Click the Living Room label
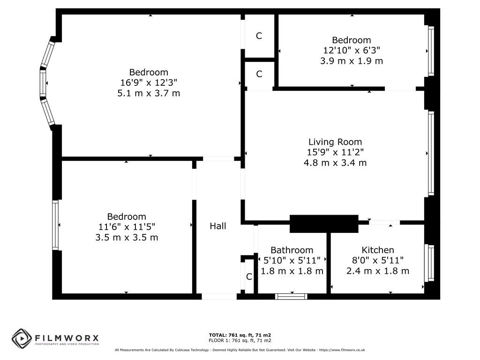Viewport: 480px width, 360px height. [x=335, y=142]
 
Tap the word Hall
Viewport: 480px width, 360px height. [x=218, y=226]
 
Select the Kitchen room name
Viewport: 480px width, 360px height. [x=377, y=250]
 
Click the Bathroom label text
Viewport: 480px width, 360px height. [x=292, y=250]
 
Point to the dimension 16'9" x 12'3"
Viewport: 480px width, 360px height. [x=149, y=82]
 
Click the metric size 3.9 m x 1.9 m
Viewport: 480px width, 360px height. [x=351, y=61]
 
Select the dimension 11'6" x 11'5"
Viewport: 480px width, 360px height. [x=127, y=227]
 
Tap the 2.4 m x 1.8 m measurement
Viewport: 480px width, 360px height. [x=377, y=271]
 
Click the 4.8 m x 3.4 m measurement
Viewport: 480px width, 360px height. [x=335, y=163]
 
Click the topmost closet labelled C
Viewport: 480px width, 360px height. [x=259, y=36]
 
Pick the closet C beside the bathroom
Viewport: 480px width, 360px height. [x=249, y=277]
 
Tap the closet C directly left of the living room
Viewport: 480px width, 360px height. [x=259, y=74]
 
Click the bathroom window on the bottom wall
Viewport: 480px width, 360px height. [x=291, y=296]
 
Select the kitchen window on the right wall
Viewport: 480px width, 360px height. [x=430, y=262]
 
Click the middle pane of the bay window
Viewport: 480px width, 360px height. [x=43, y=84]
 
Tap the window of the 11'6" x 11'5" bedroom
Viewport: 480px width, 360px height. [x=56, y=225]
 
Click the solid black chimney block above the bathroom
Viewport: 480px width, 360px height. [x=323, y=224]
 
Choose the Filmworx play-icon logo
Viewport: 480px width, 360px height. [x=22, y=338]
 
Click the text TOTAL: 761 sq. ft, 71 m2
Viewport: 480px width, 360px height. [x=240, y=335]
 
